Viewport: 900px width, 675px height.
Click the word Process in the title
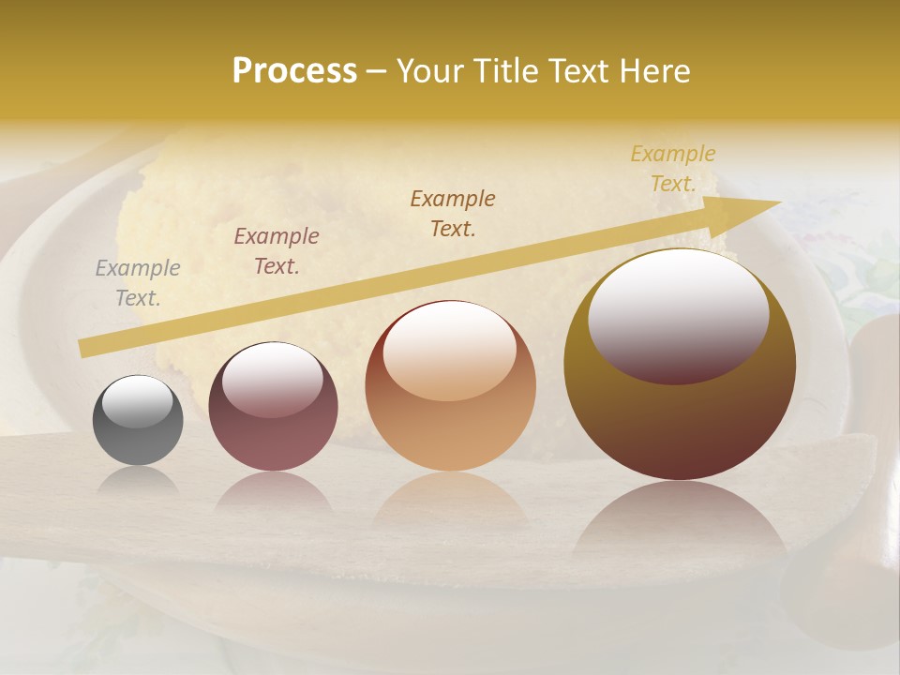pos(294,71)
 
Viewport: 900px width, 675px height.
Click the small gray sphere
pos(138,421)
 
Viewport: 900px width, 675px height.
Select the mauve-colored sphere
pos(273,407)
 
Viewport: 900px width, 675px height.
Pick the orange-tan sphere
pos(450,386)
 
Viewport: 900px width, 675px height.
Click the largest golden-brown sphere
pos(680,365)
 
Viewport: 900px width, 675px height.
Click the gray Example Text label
pos(138,283)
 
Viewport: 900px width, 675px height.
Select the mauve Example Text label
pos(277,251)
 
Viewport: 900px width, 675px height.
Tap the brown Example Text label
pos(453,214)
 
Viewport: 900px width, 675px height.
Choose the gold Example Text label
pos(673,169)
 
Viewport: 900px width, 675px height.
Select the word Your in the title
pos(431,71)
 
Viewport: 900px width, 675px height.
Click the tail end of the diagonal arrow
pos(86,347)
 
